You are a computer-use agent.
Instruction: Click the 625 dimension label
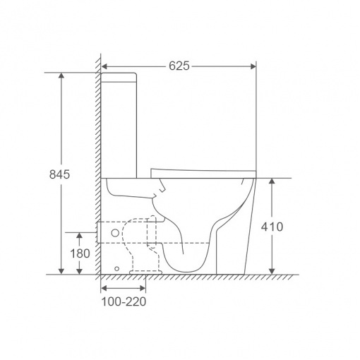[x=179, y=66]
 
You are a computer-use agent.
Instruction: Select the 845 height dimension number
[x=59, y=174]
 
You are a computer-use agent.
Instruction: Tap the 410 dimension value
[x=272, y=227]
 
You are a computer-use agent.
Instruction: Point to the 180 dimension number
[x=80, y=253]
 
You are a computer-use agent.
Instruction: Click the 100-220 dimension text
[x=124, y=301]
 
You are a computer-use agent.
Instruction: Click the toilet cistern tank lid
[x=119, y=78]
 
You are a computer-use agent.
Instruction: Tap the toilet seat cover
[x=203, y=174]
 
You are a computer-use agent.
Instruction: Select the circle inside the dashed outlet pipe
[x=115, y=233]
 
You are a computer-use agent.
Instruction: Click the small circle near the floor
[x=116, y=268]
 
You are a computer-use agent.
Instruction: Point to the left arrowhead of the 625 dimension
[x=104, y=66]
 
